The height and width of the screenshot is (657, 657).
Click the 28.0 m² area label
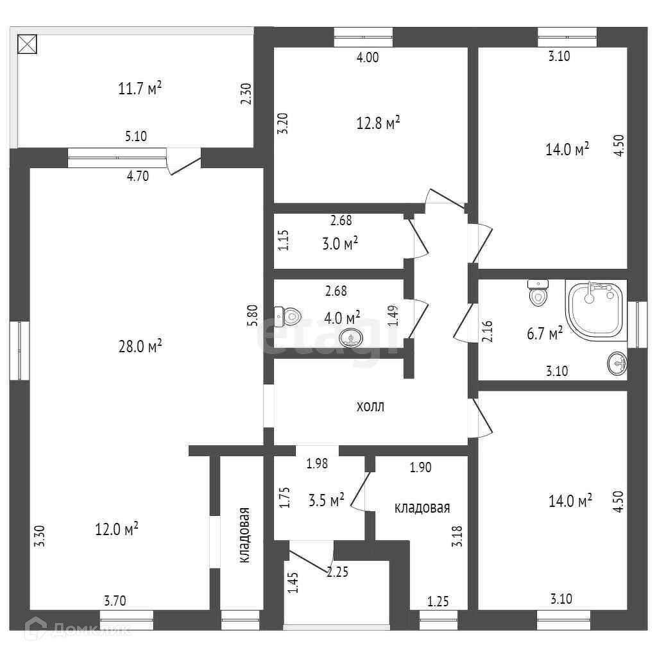point(140,346)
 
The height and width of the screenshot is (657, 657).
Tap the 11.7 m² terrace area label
point(140,89)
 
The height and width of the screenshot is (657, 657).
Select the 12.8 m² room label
point(378,123)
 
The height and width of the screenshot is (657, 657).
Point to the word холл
point(370,406)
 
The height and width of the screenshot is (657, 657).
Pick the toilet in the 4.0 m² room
point(287,316)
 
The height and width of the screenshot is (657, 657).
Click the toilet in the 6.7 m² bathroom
point(538,293)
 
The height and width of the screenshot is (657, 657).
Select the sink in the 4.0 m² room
point(351,337)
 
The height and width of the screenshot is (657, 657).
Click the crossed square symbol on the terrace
point(27,44)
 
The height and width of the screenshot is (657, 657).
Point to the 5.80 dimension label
point(253,316)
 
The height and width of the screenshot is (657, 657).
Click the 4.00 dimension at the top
point(368,57)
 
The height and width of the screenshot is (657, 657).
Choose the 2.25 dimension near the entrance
point(337,572)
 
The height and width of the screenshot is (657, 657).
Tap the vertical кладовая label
point(244,535)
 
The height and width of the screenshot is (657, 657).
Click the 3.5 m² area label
point(327,500)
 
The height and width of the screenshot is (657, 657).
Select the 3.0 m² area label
point(340,243)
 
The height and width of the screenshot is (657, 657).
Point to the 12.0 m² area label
point(117,529)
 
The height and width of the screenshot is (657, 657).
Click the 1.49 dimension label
point(393,316)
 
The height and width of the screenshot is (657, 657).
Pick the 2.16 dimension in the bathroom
point(488,332)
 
